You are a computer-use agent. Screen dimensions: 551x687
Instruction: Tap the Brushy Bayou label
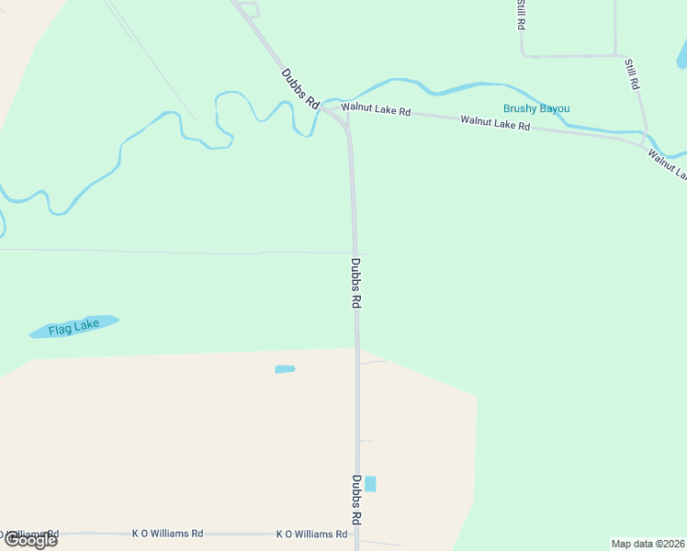(x=535, y=108)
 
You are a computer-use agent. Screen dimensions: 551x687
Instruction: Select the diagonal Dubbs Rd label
(x=300, y=88)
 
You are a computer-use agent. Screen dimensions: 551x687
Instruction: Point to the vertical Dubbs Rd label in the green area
(x=355, y=282)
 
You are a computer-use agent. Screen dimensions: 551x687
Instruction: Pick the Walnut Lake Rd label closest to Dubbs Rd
(x=375, y=109)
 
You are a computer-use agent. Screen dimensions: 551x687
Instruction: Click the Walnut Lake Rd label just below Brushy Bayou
(x=495, y=121)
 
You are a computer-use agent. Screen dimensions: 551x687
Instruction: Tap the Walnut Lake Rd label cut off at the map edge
(x=668, y=164)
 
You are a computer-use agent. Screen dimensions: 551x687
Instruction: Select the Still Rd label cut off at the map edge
(x=521, y=14)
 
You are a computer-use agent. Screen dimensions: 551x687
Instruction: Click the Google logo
(x=31, y=540)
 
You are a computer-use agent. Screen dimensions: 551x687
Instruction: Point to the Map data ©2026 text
(x=648, y=544)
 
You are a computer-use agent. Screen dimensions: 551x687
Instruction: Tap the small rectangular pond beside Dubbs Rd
(x=370, y=484)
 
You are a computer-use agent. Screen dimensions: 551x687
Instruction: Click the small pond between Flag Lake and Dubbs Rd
(x=285, y=369)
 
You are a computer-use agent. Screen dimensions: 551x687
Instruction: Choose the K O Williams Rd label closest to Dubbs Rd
(x=311, y=534)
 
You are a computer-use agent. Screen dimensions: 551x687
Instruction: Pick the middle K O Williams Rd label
(x=167, y=533)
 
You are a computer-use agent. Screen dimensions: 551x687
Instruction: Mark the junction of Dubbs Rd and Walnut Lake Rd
(x=347, y=116)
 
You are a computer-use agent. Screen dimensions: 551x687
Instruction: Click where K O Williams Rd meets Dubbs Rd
(x=357, y=534)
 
